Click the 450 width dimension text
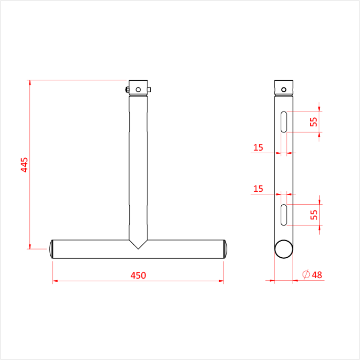click(138, 275)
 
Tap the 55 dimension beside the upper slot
click(314, 122)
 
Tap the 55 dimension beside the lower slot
click(314, 214)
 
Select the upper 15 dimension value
click(258, 148)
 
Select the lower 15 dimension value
click(258, 189)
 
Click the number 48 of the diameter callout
click(317, 275)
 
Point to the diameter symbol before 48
click(306, 275)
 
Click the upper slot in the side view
click(284, 122)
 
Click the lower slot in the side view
click(284, 214)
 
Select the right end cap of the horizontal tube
click(224, 249)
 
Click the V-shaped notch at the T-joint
click(138, 244)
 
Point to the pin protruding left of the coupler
click(127, 91)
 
